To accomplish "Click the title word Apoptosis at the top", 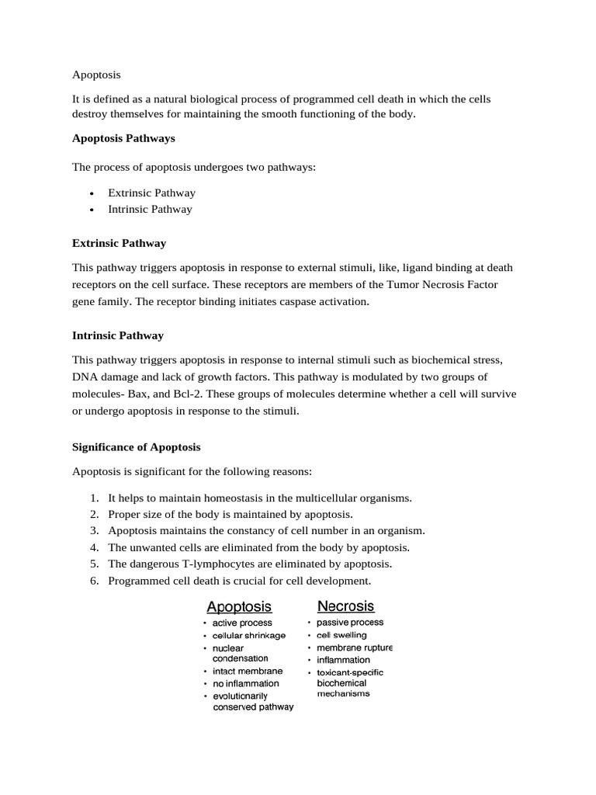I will click(x=96, y=75).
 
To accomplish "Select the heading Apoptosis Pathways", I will click(x=123, y=138).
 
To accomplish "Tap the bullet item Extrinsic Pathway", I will click(x=151, y=193).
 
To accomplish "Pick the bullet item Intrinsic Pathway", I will click(x=150, y=209).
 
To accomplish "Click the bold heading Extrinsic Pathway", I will click(x=119, y=243).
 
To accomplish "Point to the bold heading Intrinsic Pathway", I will click(x=117, y=335).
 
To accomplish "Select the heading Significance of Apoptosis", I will click(x=136, y=447).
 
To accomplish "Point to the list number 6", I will click(x=93, y=581).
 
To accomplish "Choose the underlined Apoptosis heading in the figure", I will click(x=238, y=606).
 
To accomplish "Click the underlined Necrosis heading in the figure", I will click(x=346, y=606).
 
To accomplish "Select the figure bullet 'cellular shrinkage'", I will click(x=249, y=635).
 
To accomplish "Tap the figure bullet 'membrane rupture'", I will click(x=354, y=647).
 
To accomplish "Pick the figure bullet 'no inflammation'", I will click(x=246, y=683).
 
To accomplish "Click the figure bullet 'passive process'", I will click(x=350, y=623).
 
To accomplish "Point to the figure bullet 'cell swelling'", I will click(x=341, y=635).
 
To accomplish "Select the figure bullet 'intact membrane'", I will click(x=248, y=671).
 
